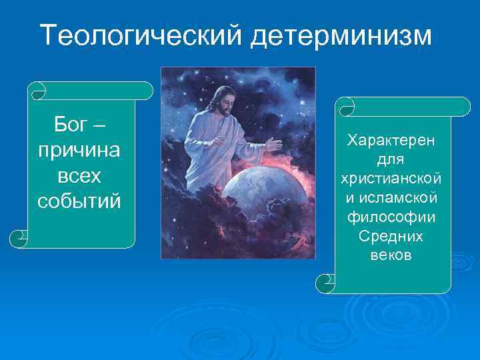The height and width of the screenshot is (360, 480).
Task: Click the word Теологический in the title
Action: click(x=142, y=35)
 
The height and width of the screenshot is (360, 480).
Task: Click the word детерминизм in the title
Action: click(x=341, y=35)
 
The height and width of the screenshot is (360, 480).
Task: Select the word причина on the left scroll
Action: click(x=79, y=149)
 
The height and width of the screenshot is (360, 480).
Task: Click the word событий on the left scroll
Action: click(x=79, y=200)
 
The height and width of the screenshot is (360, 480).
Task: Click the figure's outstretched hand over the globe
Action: click(x=273, y=144)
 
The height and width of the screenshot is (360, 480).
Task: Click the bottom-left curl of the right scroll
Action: click(x=325, y=283)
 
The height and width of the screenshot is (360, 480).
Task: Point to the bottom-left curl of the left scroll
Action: click(x=19, y=237)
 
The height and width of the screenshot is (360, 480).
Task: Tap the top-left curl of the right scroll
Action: click(x=345, y=105)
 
